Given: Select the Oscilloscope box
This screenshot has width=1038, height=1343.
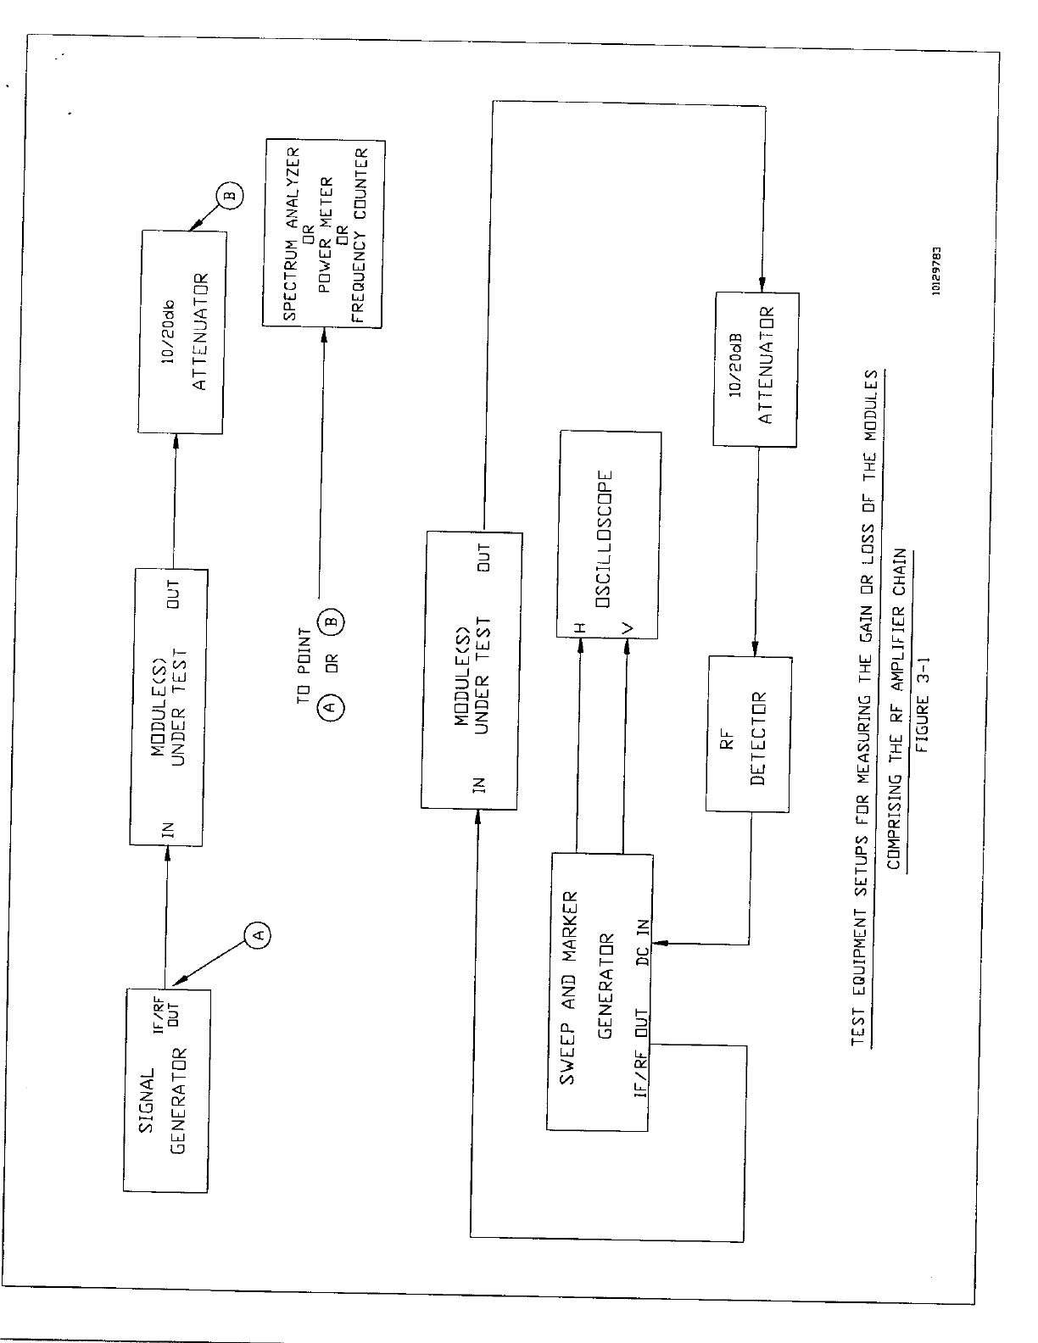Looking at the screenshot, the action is (x=609, y=534).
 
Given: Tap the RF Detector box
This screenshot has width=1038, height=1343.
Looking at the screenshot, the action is (x=749, y=734).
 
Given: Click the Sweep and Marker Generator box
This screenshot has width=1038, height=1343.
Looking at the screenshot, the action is (x=600, y=992).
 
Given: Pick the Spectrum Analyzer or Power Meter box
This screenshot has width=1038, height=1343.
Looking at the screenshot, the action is (x=322, y=235).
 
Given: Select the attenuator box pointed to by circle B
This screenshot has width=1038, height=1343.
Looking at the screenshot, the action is (x=182, y=332).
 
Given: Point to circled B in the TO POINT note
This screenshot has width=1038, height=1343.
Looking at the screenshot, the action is (x=332, y=621).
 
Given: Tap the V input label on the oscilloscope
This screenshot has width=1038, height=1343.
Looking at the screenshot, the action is (x=626, y=628).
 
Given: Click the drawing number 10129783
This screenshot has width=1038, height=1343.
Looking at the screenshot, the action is (x=935, y=270).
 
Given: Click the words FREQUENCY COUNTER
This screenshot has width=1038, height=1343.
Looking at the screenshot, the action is (x=359, y=237).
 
